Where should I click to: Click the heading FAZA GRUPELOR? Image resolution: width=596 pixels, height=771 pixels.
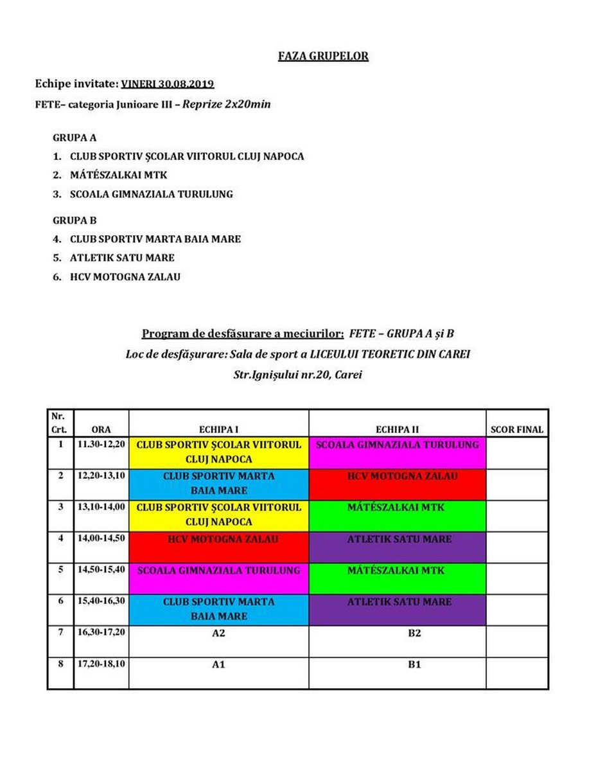coord(323,56)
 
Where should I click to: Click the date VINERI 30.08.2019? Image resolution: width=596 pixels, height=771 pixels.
coord(168,84)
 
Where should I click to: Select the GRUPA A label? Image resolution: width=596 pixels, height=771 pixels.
coord(74,137)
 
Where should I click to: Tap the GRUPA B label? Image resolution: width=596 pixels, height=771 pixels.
coord(74,220)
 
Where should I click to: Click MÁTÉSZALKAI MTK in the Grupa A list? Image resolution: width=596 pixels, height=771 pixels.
coord(118,175)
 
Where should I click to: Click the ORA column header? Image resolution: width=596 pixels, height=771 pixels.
coord(101,430)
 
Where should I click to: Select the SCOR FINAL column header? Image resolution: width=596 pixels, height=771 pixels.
coord(516,430)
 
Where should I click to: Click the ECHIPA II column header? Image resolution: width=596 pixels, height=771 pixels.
coord(397,430)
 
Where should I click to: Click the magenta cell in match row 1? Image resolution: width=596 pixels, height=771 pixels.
coord(397,452)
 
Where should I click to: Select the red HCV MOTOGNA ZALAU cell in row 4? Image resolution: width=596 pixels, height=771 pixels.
coord(218,547)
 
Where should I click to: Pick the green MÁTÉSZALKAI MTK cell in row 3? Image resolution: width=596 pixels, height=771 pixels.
coord(397,515)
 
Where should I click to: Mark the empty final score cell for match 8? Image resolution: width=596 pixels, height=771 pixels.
coord(516,673)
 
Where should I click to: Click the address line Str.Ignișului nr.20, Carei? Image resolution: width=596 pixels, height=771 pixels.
coord(297,375)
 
